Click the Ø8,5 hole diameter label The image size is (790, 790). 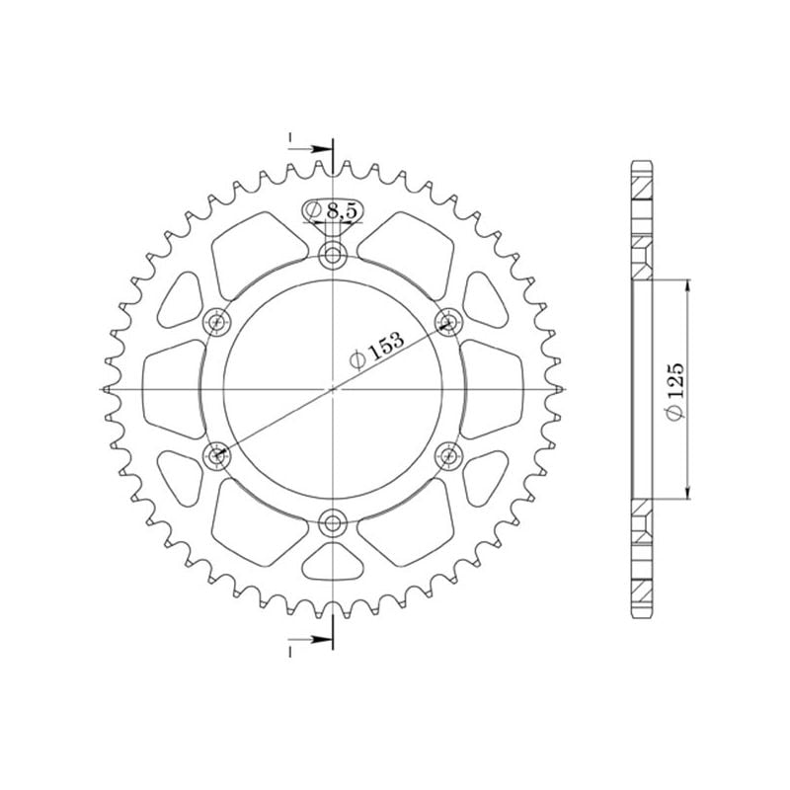click(332, 210)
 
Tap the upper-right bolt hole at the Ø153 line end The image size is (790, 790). click(449, 321)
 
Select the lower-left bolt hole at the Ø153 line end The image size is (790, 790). click(217, 455)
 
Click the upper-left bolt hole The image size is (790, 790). click(217, 322)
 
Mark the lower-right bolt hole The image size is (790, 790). click(449, 454)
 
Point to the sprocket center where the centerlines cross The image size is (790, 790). click(334, 389)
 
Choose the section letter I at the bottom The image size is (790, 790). click(291, 653)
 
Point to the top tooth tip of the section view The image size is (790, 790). click(642, 162)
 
